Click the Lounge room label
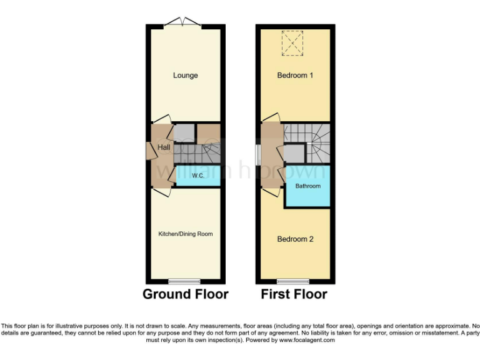pyautogui.click(x=186, y=76)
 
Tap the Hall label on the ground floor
pyautogui.click(x=164, y=147)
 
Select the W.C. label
pyautogui.click(x=199, y=175)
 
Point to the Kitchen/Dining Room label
pyautogui.click(x=186, y=234)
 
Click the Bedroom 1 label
pyautogui.click(x=295, y=76)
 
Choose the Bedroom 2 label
pyautogui.click(x=295, y=239)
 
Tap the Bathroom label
pyautogui.click(x=307, y=186)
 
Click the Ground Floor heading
pyautogui.click(x=186, y=294)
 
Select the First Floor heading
pyautogui.click(x=294, y=294)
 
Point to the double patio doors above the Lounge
pyautogui.click(x=182, y=24)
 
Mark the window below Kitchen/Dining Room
pyautogui.click(x=185, y=281)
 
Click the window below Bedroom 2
pyautogui.click(x=293, y=281)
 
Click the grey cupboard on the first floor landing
pyautogui.click(x=294, y=152)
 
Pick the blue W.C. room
pyautogui.click(x=199, y=176)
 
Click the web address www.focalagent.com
pyautogui.click(x=307, y=341)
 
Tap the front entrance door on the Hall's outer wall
pyautogui.click(x=150, y=151)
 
